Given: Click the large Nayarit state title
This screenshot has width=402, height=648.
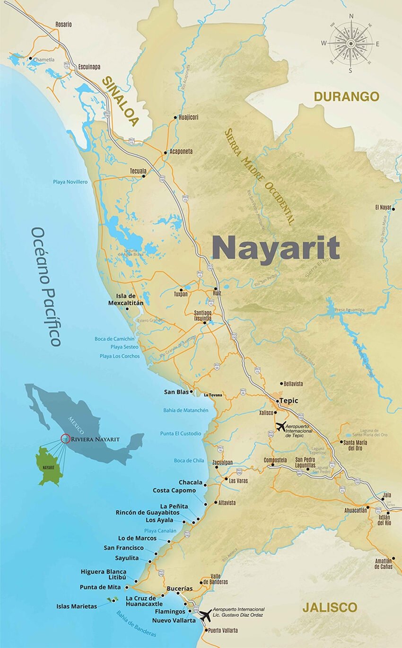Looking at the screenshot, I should pos(276,247).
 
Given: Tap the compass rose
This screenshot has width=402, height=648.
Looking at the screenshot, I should pos(350,44).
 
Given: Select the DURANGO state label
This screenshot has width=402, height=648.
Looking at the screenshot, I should pos(347,97).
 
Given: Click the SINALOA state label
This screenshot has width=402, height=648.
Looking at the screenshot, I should pos(121,101).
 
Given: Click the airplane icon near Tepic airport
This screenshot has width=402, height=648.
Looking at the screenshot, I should pos(281,426).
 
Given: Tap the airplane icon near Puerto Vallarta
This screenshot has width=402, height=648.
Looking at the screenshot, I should pos(205,615).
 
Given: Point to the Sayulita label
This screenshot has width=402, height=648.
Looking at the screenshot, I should pos(127,558).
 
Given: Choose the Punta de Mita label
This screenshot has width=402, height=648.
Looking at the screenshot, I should pos(100,587).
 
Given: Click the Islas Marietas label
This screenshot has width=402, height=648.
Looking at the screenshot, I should pos(77,606).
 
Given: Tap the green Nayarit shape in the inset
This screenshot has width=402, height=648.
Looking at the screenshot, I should pos(50,466).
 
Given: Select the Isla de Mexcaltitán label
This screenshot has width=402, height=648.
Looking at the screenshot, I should pos(126,299).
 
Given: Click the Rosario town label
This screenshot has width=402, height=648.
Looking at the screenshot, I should pos(63,24).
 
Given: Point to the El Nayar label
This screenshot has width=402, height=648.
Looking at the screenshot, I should pos(383,207).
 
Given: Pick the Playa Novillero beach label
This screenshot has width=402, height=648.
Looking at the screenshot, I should pos(70,182).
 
